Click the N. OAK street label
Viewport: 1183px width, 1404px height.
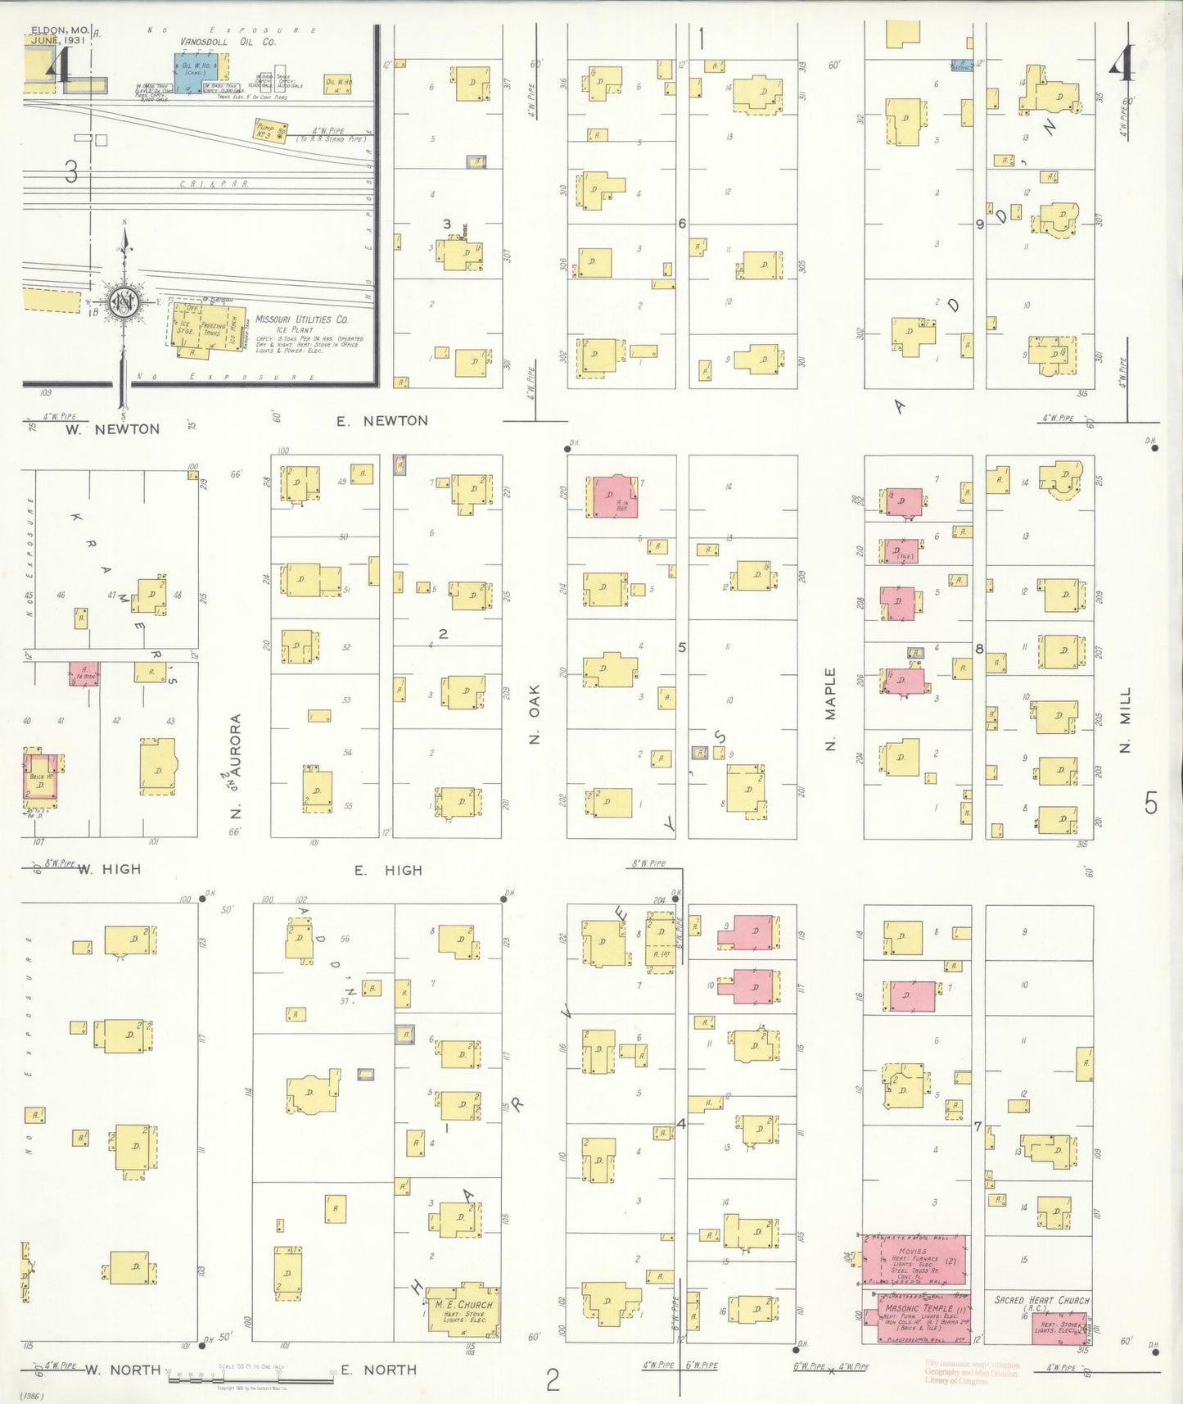[535, 725]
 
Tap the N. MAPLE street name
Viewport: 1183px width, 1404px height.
[830, 709]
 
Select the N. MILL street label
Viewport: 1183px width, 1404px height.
[1125, 720]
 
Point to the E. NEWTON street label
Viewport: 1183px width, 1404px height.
[382, 421]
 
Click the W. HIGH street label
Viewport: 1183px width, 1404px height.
[110, 869]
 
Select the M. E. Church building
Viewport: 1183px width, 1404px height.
[463, 1310]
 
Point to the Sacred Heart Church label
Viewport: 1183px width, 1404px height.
[1041, 1300]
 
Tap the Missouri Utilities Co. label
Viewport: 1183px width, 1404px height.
[301, 319]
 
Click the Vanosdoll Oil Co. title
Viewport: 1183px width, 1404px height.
[228, 42]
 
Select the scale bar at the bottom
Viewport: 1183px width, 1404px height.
[250, 1378]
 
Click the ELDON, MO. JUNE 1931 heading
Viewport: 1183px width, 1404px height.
[60, 35]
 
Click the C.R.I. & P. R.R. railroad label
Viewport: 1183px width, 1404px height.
[214, 184]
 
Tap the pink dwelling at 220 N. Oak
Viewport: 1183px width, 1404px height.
[612, 496]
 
